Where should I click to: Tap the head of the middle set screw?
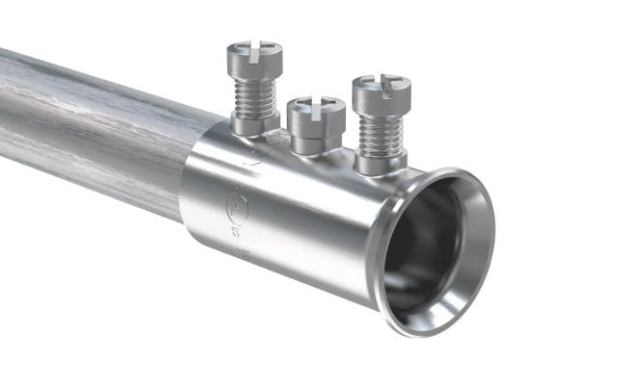coord(317,109)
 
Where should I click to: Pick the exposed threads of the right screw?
coord(380,130)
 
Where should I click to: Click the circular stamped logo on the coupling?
coord(234,204)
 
